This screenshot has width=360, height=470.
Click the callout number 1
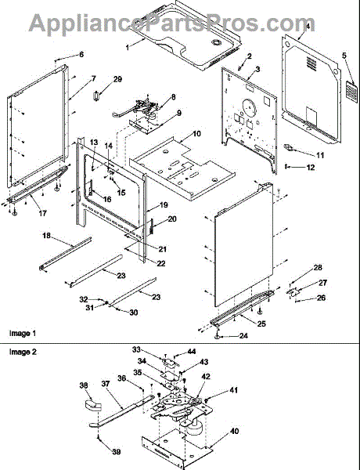click(128, 48)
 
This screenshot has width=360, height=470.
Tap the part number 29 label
click(117, 79)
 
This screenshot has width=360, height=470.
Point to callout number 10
click(196, 134)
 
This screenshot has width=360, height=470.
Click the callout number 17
click(42, 213)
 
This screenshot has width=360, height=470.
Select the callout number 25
click(261, 324)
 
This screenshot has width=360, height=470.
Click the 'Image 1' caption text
click(23, 333)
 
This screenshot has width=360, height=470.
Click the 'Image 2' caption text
click(23, 352)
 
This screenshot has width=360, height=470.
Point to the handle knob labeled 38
click(92, 405)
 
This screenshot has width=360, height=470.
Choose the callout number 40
click(235, 432)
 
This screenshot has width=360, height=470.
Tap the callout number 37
click(106, 384)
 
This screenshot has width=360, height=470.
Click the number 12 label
click(311, 168)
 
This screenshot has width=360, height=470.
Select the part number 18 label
click(46, 236)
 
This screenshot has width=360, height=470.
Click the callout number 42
click(206, 377)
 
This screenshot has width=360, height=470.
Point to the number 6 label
click(81, 55)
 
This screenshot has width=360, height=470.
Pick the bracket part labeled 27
click(293, 292)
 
